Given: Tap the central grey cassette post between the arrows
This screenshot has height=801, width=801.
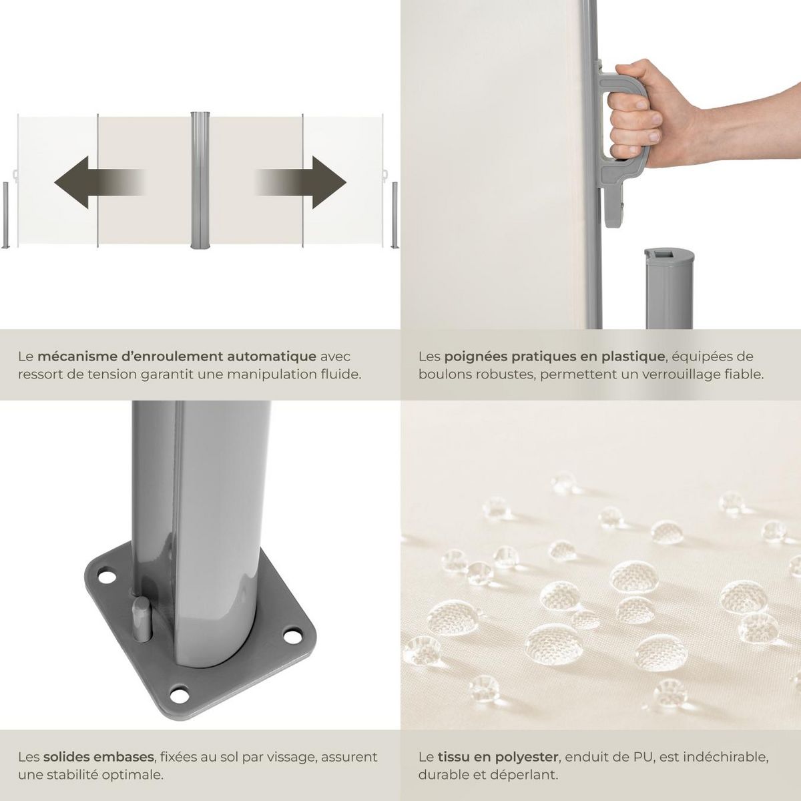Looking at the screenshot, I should tap(200, 180).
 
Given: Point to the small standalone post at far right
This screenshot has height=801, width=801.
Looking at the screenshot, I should tap(394, 214).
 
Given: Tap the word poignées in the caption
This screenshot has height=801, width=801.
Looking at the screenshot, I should tap(473, 357).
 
